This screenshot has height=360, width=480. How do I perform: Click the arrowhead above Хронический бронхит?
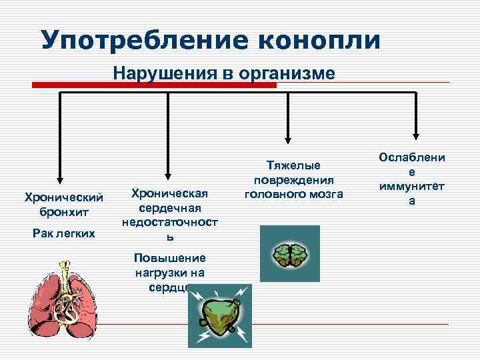[x=61, y=178]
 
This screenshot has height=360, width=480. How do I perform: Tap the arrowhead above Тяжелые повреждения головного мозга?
[x=288, y=139]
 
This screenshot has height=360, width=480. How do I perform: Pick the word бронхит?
[x=64, y=212]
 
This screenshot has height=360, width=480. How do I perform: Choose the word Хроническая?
[x=170, y=194]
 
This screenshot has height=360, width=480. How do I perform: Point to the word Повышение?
[x=170, y=258]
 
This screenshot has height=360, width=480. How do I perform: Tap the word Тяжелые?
[x=294, y=165]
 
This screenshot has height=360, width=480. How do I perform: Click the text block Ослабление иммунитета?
[x=411, y=179]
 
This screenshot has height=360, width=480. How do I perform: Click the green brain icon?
[x=289, y=253]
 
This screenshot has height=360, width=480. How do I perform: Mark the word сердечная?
[x=170, y=208]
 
